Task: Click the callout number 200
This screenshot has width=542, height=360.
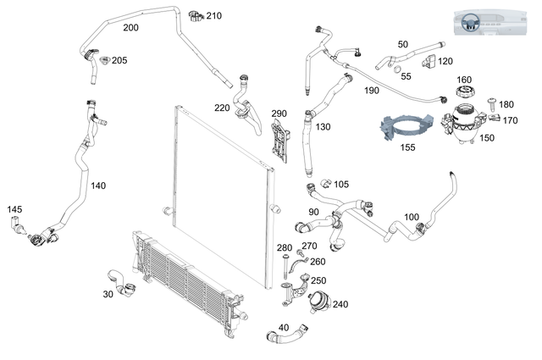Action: pos(130,27)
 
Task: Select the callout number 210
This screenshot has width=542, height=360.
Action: pos(214,16)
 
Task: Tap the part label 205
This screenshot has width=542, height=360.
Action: pos(119,60)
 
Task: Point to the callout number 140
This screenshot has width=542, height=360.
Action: pos(98,185)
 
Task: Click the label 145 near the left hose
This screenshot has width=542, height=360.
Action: pos(15,209)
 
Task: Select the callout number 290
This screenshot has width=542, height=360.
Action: pos(279,114)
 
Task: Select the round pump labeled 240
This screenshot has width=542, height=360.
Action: pos(317,301)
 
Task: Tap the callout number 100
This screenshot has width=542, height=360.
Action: pos(412,218)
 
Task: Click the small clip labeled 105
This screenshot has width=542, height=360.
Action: pos(324,184)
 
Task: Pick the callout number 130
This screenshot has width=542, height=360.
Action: pos(323,127)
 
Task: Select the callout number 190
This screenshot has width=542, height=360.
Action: pos(371,90)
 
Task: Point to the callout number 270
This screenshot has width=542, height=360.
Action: pos(309,246)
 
